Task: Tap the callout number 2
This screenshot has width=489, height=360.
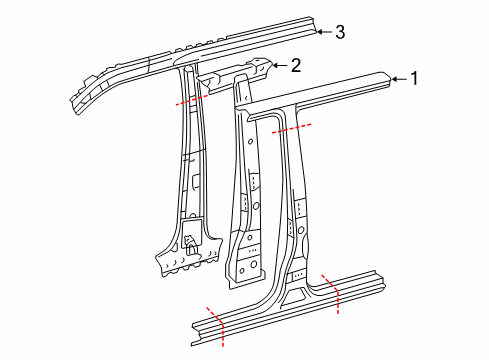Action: click(x=295, y=66)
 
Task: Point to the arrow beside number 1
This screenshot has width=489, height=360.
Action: click(x=397, y=79)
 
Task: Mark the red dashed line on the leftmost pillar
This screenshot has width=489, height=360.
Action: click(x=193, y=99)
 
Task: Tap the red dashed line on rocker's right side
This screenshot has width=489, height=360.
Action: click(x=332, y=292)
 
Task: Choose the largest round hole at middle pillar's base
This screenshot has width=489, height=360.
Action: click(x=247, y=265)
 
